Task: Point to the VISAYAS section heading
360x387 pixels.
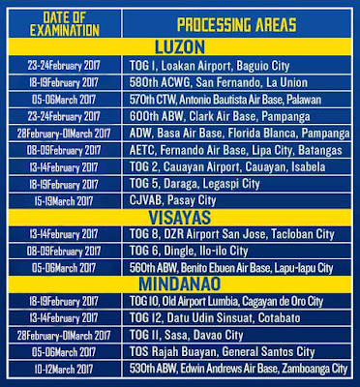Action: [179, 217]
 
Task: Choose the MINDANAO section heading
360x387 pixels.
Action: [179, 285]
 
